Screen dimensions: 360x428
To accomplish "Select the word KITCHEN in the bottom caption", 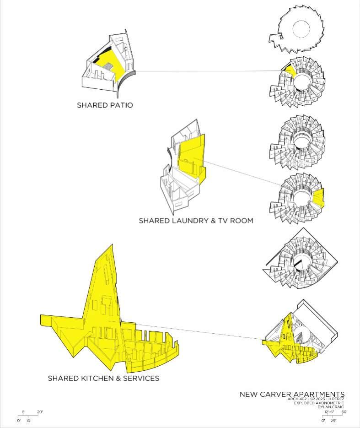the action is click(x=97, y=379).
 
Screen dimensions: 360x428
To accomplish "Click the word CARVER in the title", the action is click(x=274, y=394).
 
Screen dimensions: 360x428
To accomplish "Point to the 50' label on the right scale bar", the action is click(x=344, y=412).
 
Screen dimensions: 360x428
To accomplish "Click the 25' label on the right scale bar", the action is click(x=334, y=420).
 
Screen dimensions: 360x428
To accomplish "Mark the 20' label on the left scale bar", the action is click(x=40, y=412).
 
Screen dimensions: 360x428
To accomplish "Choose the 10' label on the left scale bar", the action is click(x=28, y=420).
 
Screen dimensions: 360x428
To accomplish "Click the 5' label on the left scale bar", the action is click(x=24, y=412).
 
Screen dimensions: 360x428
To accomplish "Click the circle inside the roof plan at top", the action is click(x=302, y=30).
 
